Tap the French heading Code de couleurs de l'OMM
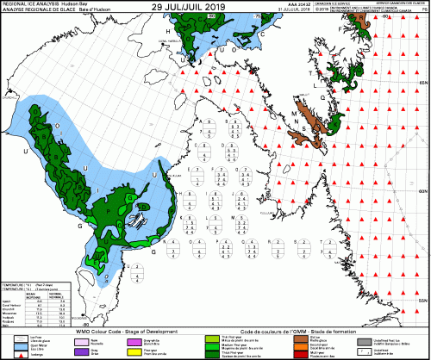click(259, 332)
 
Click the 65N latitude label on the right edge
click(422, 81)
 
